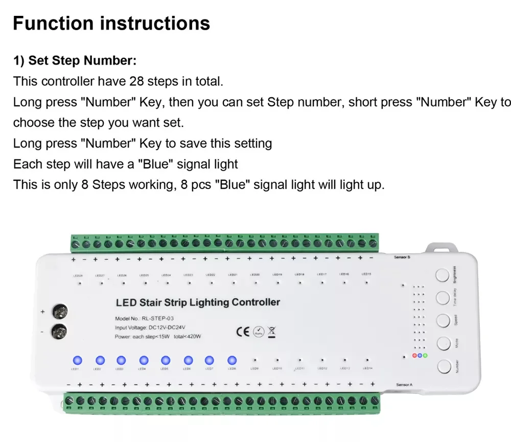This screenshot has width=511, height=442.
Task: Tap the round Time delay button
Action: [443, 298]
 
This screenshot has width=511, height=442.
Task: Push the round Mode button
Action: [443, 343]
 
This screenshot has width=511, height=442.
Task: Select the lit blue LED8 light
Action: [232, 359]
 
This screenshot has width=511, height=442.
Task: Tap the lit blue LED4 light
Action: [144, 359]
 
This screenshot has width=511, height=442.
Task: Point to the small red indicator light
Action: [415, 355]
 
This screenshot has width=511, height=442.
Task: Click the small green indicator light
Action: [425, 355]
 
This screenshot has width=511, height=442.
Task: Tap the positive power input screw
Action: [61, 311]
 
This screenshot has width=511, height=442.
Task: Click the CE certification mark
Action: [243, 332]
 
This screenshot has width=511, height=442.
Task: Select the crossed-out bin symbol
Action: [271, 331]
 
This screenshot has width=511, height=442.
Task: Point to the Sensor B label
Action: [403, 257]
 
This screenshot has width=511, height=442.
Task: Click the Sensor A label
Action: [404, 384]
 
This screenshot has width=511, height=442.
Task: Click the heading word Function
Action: [53, 24]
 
